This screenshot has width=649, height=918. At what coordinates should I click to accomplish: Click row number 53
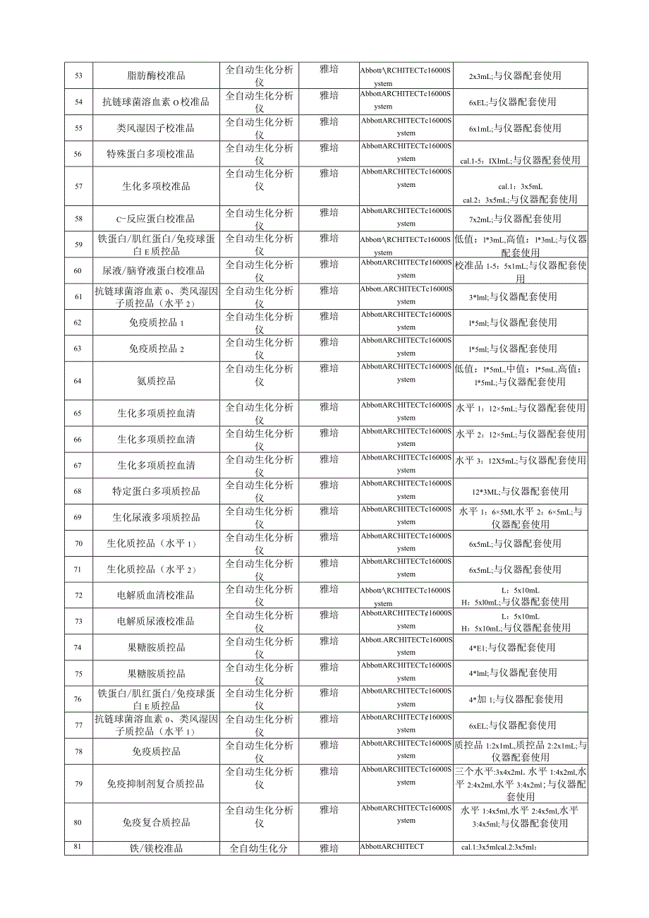pos(78,76)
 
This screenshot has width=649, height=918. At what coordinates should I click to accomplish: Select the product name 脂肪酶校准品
pos(156,76)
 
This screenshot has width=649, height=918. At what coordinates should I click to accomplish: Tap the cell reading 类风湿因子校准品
pos(156,128)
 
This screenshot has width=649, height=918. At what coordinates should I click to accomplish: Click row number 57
pos(78,186)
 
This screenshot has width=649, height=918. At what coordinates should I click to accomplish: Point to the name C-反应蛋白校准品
pos(156,219)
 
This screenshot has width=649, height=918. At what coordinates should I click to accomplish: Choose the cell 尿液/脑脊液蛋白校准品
pos(156,270)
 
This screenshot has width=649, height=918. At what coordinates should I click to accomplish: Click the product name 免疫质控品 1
pos(156,322)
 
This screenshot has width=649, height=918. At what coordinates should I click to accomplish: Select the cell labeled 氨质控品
pos(156,381)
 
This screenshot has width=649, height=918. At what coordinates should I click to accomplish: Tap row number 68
pos(78,491)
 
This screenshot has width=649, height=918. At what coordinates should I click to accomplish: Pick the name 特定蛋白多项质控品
pos(156,491)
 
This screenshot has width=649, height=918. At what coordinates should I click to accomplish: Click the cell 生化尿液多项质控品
pos(156,517)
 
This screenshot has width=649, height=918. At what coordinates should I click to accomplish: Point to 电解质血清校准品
pos(156,595)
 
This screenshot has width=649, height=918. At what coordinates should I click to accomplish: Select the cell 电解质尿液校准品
pos(156,621)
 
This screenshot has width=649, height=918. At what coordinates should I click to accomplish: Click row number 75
pos(78,673)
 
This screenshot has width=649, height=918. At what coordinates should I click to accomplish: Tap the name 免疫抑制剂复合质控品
pos(156,783)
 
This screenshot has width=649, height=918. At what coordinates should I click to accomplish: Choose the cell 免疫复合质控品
pos(156,822)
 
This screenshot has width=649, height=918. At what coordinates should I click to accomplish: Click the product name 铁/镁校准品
pos(156,849)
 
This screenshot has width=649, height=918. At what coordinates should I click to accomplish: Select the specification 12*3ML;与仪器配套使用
pos(520,492)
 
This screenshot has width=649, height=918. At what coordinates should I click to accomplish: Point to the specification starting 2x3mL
pos(520,76)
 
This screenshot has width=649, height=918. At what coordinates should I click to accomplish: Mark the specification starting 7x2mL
pos(520,219)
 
